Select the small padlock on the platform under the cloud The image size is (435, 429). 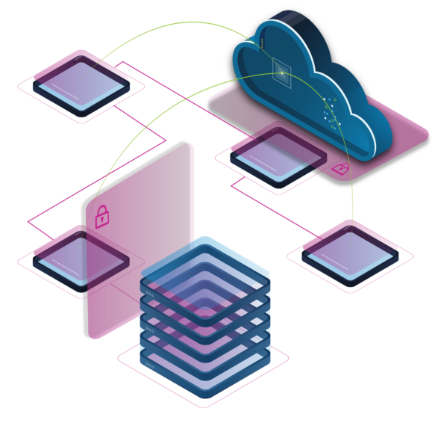pyautogui.click(x=340, y=168)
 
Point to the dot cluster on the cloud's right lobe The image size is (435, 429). pyautogui.click(x=331, y=112)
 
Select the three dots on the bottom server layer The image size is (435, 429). pyautogui.click(x=150, y=365)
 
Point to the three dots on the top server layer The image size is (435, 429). pyautogui.click(x=150, y=294)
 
